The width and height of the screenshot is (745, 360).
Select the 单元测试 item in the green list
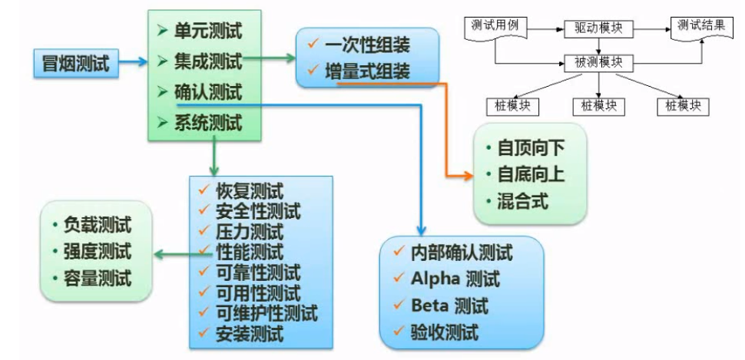click(x=208, y=31)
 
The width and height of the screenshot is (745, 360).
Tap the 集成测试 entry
click(x=208, y=61)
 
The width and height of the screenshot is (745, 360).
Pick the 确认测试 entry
click(x=208, y=91)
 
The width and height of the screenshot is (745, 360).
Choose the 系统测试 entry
click(x=208, y=121)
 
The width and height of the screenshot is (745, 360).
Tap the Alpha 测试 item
click(x=455, y=278)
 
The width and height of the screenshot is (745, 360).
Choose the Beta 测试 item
click(x=449, y=306)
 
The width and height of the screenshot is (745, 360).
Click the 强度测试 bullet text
click(x=97, y=251)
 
